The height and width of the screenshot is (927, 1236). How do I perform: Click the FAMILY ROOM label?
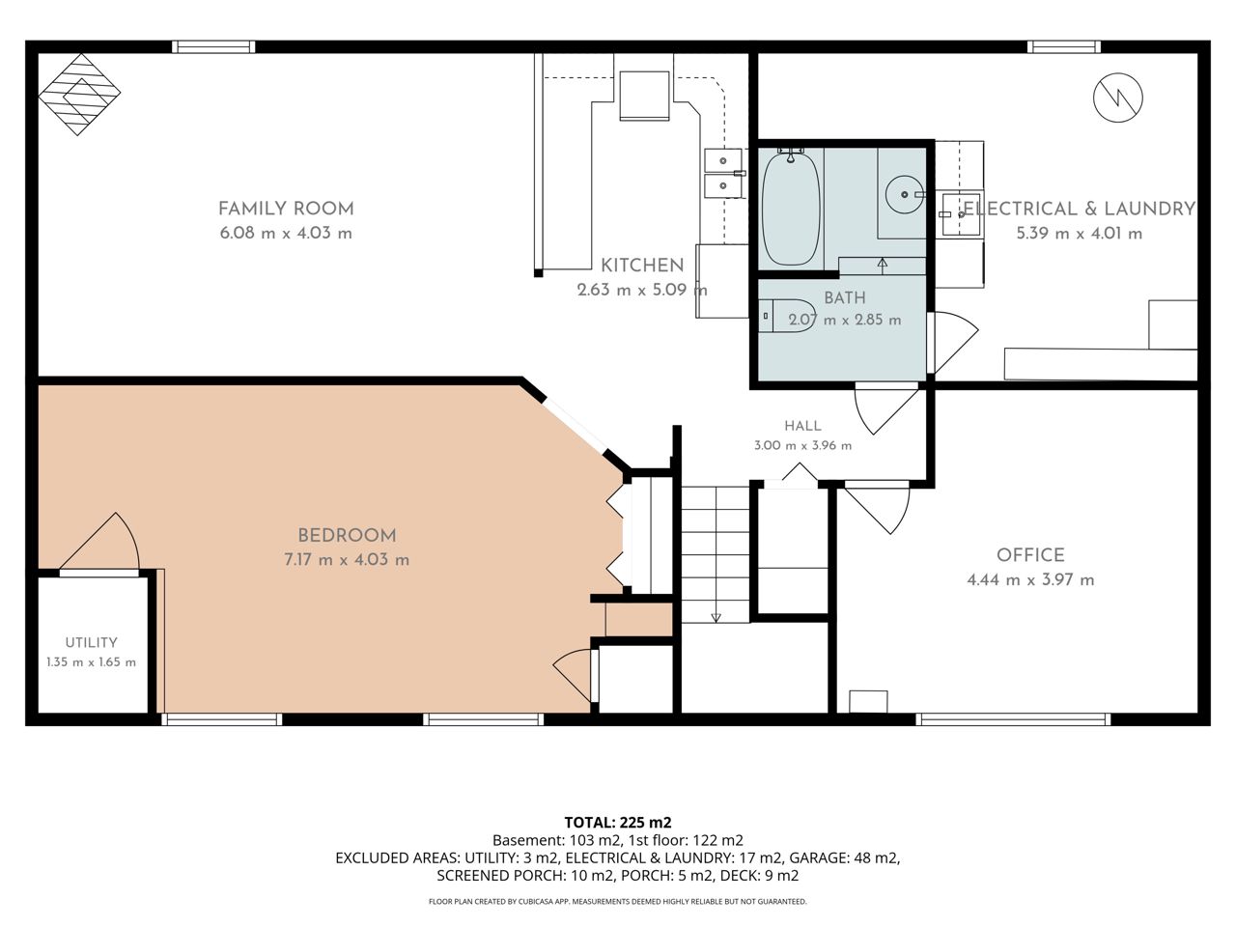click(x=286, y=209)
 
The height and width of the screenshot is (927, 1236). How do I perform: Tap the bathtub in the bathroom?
click(x=791, y=209)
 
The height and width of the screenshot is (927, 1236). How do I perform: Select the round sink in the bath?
click(x=905, y=194)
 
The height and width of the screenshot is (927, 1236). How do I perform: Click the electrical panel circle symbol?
click(x=1118, y=98)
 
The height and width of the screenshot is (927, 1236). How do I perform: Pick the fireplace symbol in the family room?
click(x=79, y=95)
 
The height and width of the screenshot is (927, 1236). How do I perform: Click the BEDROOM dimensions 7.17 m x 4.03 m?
click(x=347, y=560)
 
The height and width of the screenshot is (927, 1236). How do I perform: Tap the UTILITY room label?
click(x=91, y=642)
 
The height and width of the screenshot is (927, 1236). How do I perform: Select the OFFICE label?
click(x=1030, y=555)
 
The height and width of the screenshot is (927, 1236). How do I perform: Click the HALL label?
click(x=803, y=426)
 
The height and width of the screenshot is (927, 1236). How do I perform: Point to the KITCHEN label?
click(x=642, y=266)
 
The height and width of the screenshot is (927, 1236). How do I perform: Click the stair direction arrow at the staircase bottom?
click(x=716, y=617)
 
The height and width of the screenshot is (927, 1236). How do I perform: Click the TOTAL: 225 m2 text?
click(x=618, y=823)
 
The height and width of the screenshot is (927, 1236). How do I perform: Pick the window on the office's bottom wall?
click(x=1012, y=719)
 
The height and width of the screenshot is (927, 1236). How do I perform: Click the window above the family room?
click(x=213, y=46)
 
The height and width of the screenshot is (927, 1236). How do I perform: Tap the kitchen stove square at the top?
click(x=644, y=96)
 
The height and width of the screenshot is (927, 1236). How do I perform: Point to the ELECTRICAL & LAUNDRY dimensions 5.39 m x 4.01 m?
click(x=1079, y=234)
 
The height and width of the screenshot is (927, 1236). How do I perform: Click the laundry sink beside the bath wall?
click(x=962, y=213)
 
